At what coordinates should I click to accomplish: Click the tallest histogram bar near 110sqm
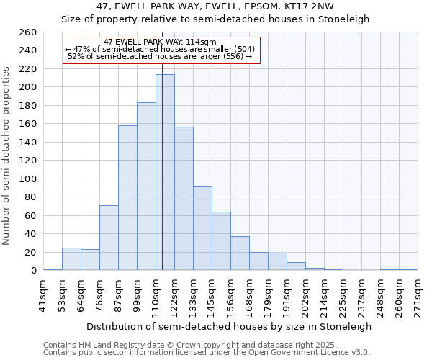(x=165, y=173)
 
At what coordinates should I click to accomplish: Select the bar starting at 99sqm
(x=146, y=186)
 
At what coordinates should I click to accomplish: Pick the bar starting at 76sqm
(x=109, y=238)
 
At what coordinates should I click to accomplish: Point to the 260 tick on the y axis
(x=28, y=32)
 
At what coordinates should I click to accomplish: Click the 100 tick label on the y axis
(x=28, y=179)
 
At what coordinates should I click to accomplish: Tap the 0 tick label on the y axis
(x=34, y=271)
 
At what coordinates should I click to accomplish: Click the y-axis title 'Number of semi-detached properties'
(x=7, y=155)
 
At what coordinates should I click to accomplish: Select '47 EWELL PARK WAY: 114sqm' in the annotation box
(x=160, y=42)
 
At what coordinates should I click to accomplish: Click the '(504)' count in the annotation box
(x=240, y=49)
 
